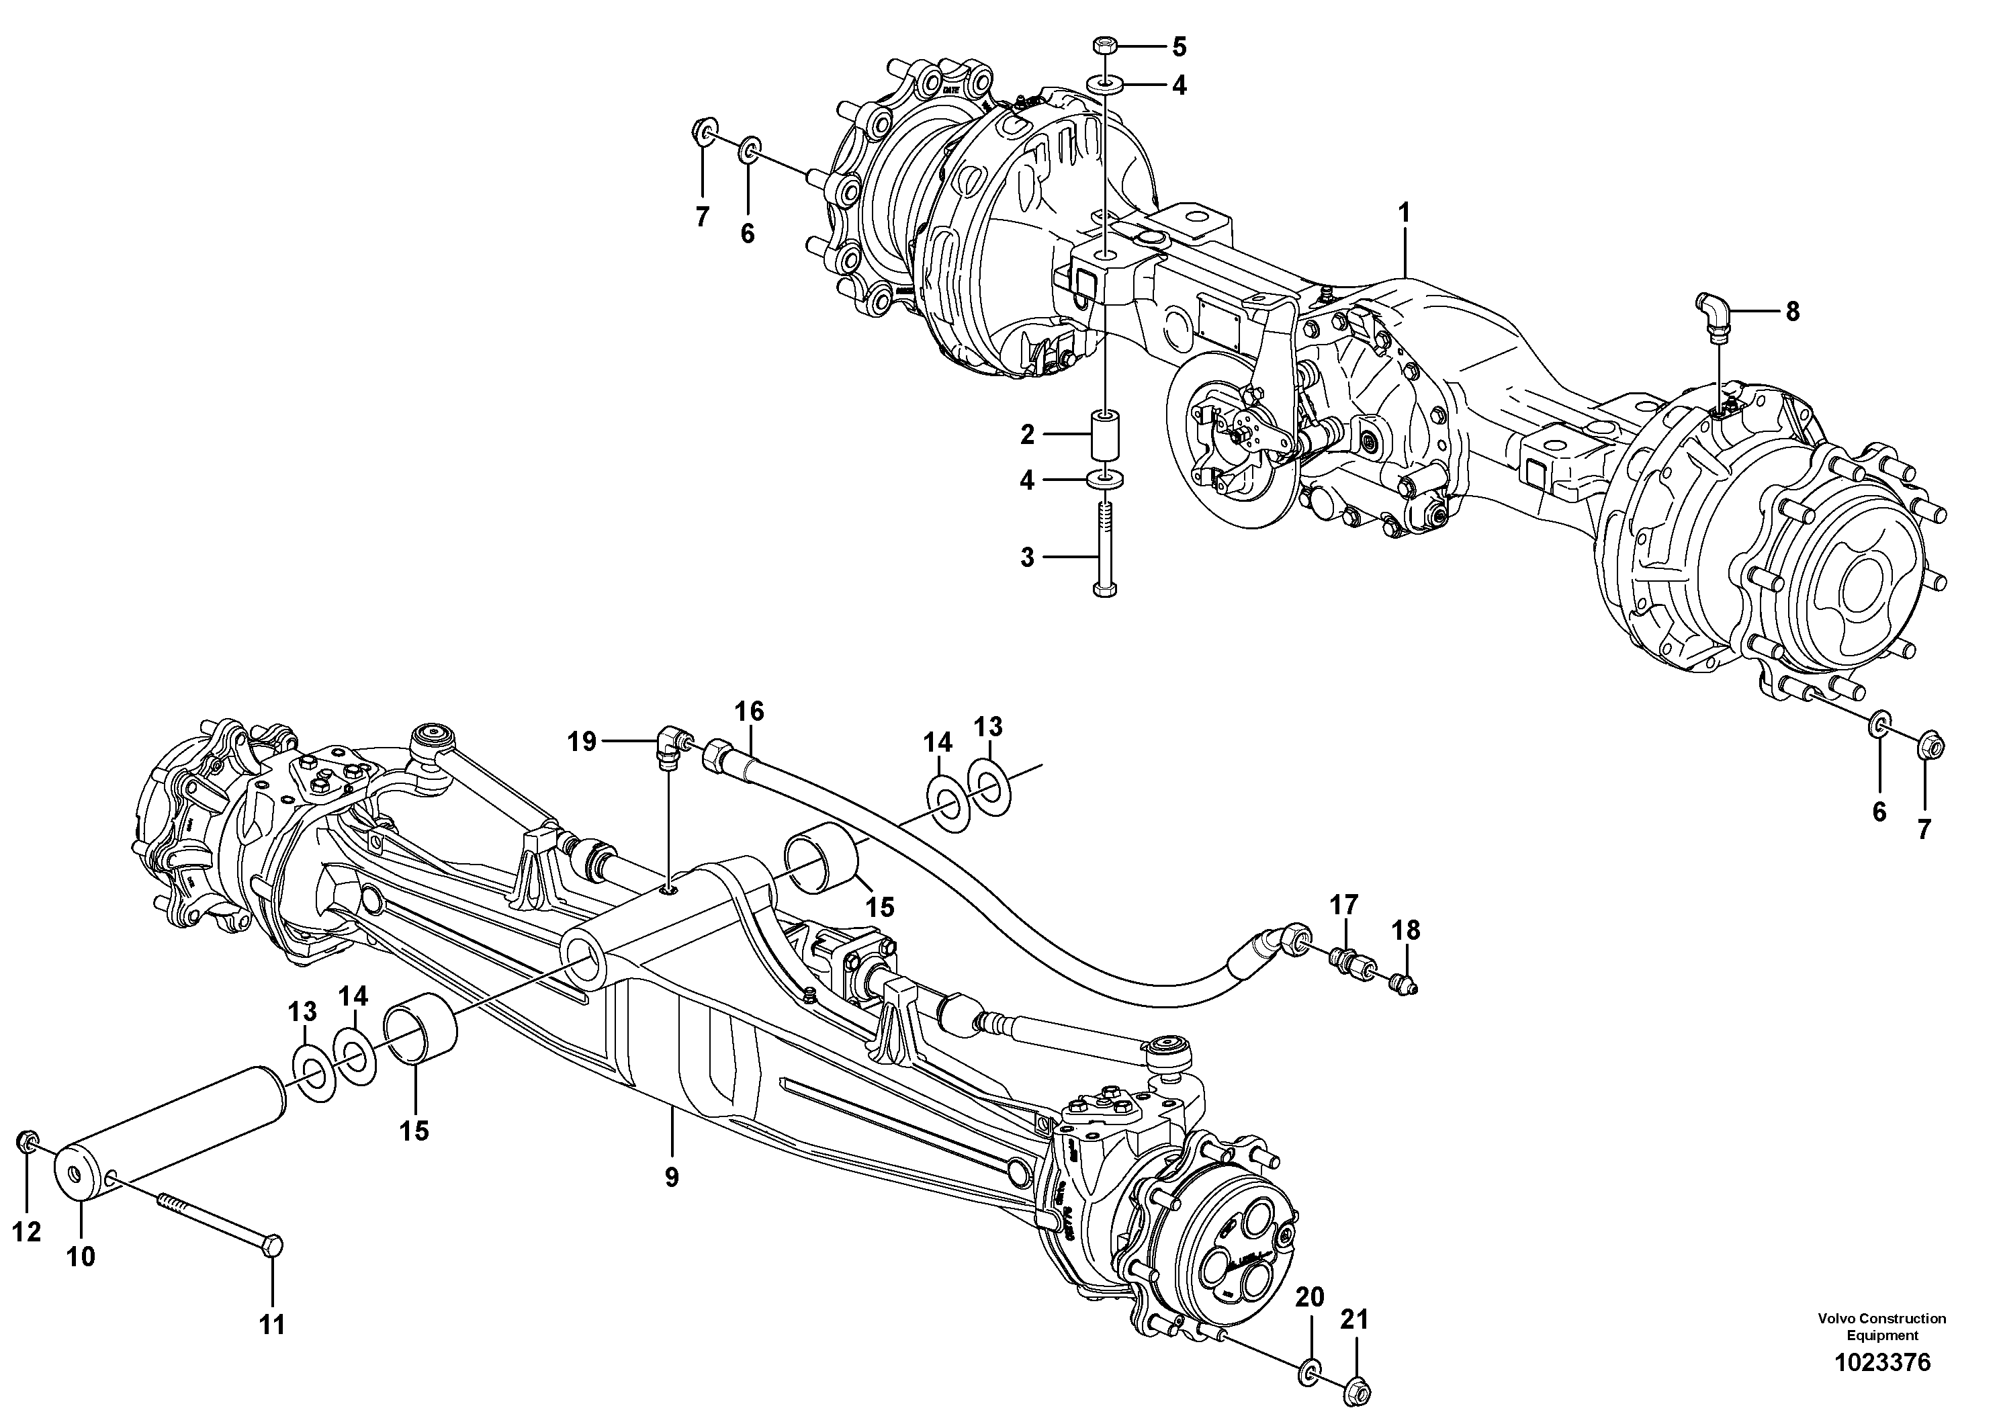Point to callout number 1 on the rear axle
pyautogui.click(x=1403, y=212)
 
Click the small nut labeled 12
pyautogui.click(x=28, y=1141)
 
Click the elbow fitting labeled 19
pyautogui.click(x=670, y=747)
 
